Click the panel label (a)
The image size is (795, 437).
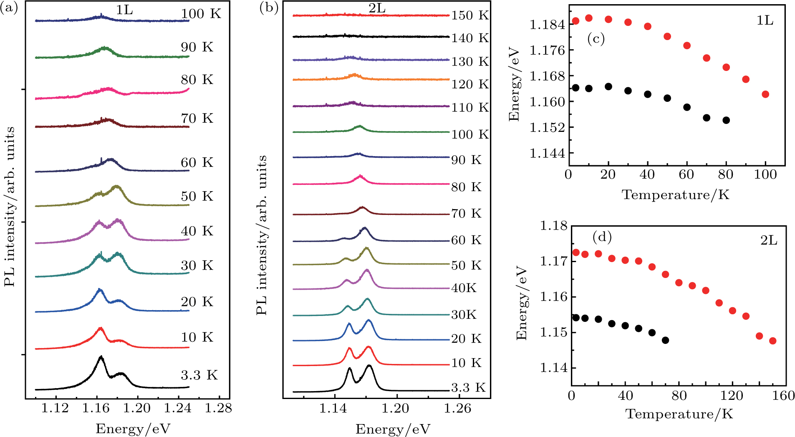click(x=9, y=8)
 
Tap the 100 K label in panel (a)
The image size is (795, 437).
click(x=201, y=14)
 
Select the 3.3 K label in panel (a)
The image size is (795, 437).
click(x=199, y=375)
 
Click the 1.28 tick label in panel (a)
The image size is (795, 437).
click(x=218, y=408)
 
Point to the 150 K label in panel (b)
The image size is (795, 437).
click(x=470, y=15)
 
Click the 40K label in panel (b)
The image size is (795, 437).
click(x=464, y=288)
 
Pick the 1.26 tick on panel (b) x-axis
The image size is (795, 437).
click(x=458, y=408)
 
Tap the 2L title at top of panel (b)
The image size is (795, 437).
click(x=377, y=9)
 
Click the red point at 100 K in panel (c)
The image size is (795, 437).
click(x=765, y=94)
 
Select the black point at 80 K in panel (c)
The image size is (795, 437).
click(x=726, y=120)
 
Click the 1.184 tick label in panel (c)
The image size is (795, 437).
click(x=547, y=25)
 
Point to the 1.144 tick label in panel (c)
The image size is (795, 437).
click(x=547, y=153)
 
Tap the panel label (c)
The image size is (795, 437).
click(x=596, y=39)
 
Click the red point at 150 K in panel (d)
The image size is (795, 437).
click(x=772, y=341)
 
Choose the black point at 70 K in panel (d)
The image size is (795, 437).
click(x=665, y=340)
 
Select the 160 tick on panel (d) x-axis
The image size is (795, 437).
click(x=783, y=396)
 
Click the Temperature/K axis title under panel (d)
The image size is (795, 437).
click(x=679, y=414)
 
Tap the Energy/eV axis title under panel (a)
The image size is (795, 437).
click(x=133, y=429)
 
